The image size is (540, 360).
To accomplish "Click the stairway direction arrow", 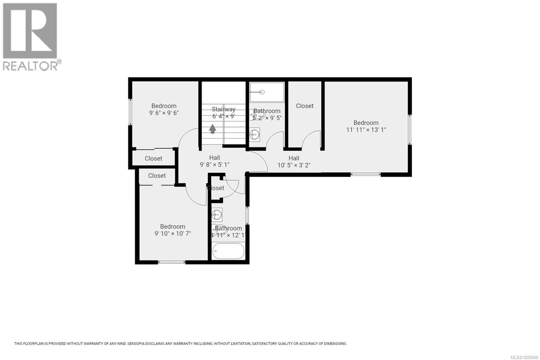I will tap(212, 129).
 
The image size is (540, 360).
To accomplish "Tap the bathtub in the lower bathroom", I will tap(228, 251).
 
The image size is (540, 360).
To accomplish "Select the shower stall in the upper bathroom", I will tap(267, 92).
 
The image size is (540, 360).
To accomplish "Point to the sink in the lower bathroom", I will tap(217, 214).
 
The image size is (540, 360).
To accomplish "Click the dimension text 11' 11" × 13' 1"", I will tap(366, 130).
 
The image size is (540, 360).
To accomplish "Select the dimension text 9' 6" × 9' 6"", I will tap(164, 113).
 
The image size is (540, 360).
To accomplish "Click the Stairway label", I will tap(223, 109).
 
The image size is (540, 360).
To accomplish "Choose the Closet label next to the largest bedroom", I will tap(304, 106).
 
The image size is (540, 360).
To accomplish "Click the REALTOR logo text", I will tap(30, 66).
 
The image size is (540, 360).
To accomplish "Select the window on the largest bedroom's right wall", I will tap(410, 130).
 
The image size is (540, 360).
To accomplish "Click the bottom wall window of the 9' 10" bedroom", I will tap(171, 262).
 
